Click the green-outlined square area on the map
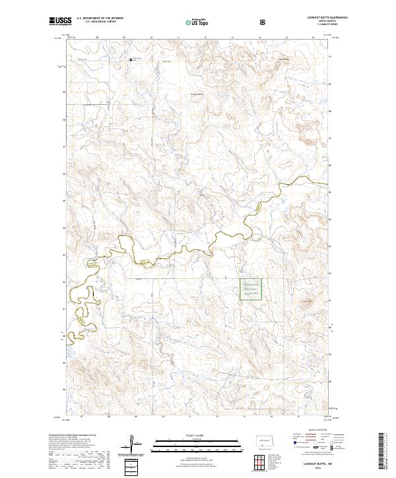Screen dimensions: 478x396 (250, 289)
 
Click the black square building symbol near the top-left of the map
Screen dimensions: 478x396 (131, 61)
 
